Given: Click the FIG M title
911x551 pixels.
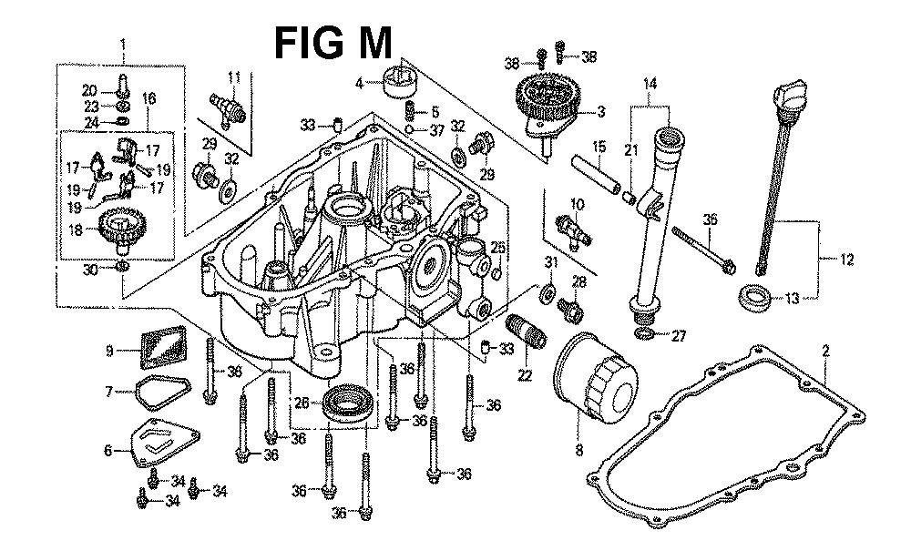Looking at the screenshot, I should click(x=333, y=42).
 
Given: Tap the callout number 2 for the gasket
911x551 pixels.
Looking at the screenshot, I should click(x=825, y=350).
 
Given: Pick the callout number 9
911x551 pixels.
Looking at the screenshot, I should click(x=109, y=350).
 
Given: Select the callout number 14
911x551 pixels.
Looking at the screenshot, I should click(x=649, y=85).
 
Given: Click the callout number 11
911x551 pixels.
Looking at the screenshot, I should click(x=233, y=77).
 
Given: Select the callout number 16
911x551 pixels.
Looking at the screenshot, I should click(x=149, y=97).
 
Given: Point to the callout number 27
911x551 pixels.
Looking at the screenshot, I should click(x=677, y=335).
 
